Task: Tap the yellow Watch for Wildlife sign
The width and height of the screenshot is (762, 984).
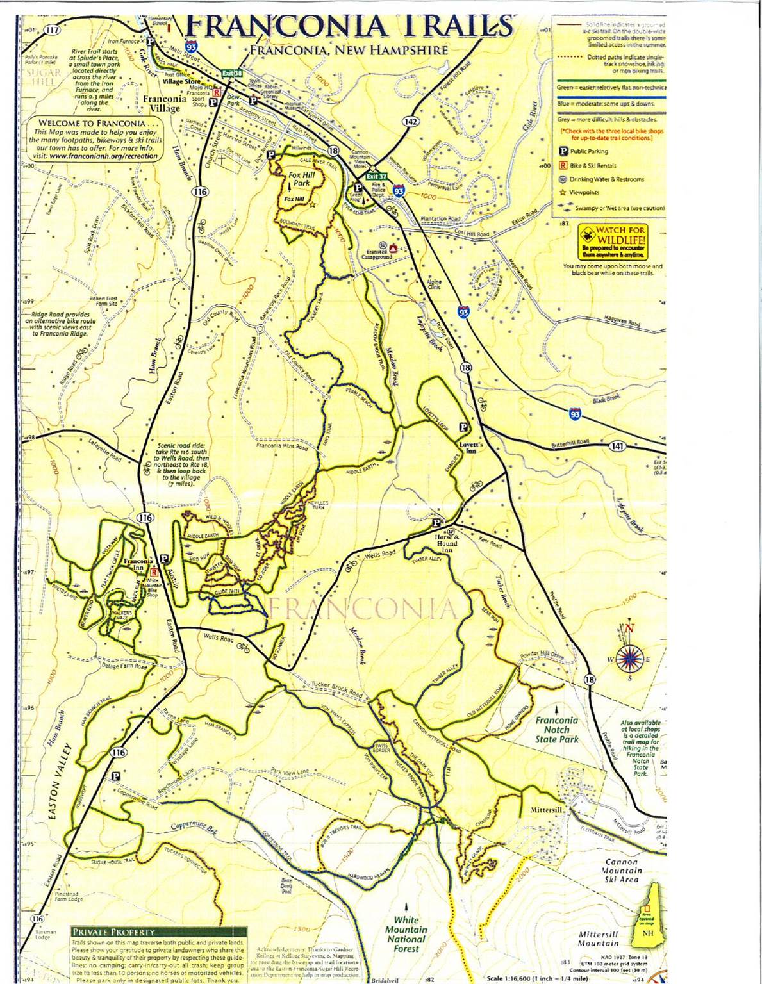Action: [x=613, y=240]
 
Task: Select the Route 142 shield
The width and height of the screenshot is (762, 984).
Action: [x=411, y=122]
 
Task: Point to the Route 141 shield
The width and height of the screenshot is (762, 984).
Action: [x=616, y=446]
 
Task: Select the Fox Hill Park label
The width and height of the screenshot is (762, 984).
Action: [x=299, y=178]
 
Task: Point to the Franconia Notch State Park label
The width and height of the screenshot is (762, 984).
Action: [x=556, y=730]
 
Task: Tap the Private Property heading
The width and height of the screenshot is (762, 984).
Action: [x=113, y=932]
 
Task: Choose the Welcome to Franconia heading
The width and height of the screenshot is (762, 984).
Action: [x=99, y=123]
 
